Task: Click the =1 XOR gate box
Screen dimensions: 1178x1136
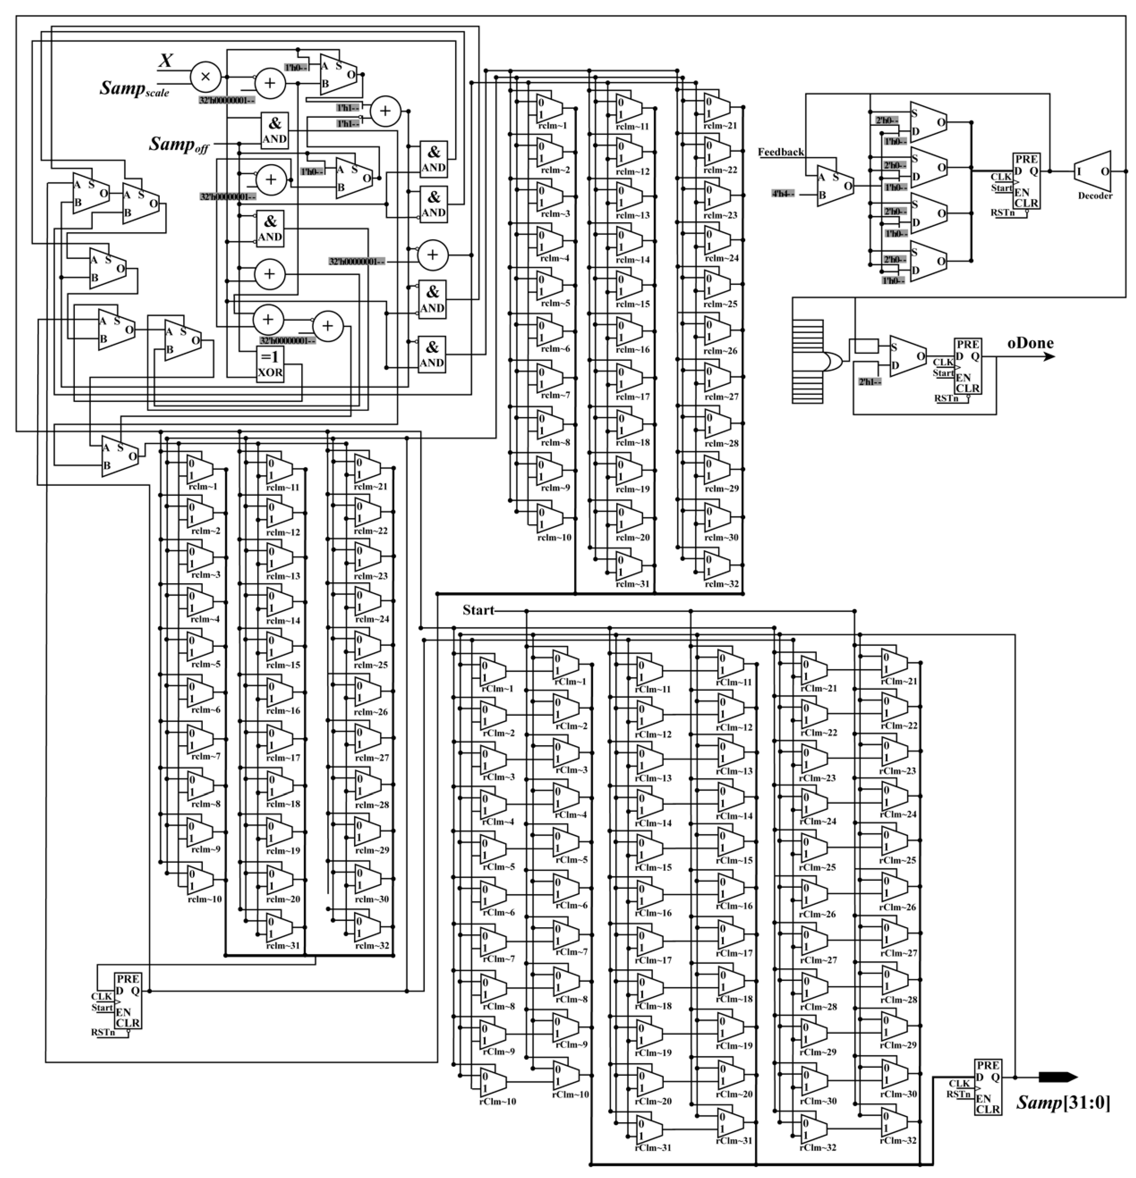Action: (270, 364)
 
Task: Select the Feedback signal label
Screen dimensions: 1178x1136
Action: (781, 152)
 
